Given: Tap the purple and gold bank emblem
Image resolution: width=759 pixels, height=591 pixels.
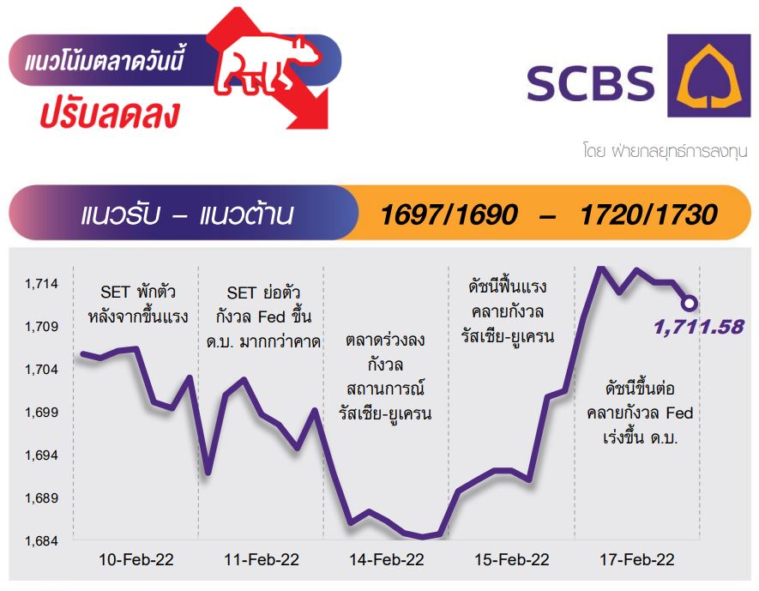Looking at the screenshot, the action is tap(708, 75).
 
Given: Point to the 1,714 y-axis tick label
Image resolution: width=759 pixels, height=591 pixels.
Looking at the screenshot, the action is tap(42, 284).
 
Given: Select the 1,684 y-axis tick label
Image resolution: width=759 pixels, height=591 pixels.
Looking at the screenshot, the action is tap(42, 540).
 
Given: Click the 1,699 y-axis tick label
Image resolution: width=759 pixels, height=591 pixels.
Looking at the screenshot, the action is tap(42, 413).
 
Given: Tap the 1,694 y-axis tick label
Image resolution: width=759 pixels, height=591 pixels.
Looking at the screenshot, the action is tap(42, 455).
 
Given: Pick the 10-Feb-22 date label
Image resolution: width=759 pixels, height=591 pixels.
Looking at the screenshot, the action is tap(136, 560).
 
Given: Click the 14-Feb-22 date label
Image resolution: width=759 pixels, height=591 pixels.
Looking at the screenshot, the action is tap(386, 560).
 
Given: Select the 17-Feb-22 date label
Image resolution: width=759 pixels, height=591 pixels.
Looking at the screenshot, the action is tap(637, 560).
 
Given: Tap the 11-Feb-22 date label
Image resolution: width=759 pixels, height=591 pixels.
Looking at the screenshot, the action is tap(262, 560).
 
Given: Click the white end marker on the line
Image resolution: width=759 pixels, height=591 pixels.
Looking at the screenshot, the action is tap(690, 304).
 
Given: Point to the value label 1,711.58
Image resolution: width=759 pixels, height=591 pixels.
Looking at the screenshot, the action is tap(698, 328).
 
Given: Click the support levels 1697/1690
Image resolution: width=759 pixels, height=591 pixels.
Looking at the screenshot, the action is tap(449, 214).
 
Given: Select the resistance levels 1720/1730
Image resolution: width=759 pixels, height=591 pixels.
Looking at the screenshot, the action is tap(648, 214).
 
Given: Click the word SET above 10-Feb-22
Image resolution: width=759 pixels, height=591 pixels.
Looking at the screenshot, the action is tap(115, 292).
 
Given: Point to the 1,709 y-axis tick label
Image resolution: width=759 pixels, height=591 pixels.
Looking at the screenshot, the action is tap(42, 327).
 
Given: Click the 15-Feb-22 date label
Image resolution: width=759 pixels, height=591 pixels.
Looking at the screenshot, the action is tap(512, 560).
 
